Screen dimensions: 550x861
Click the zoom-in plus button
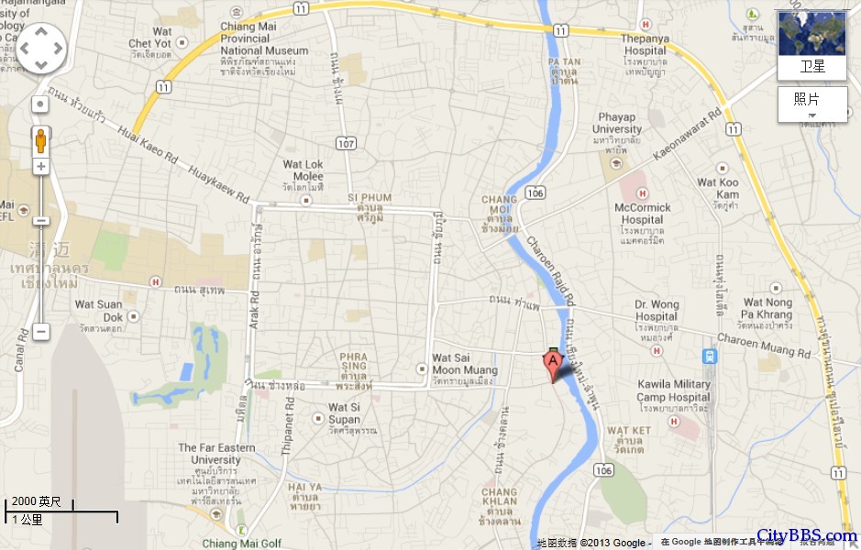[40, 166]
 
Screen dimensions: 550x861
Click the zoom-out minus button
[40, 331]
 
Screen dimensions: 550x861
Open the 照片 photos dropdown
[811, 104]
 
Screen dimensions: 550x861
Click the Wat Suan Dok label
[98, 304]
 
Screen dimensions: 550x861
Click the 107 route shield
[345, 143]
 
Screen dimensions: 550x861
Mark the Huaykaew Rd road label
[218, 184]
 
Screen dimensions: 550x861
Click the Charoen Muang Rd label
[764, 345]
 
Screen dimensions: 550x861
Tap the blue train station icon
[709, 356]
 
